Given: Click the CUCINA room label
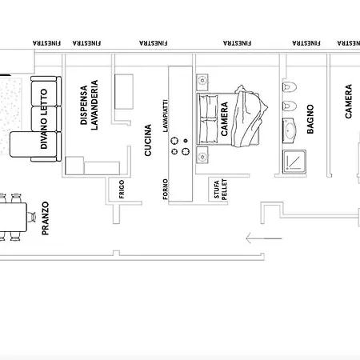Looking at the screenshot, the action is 148,140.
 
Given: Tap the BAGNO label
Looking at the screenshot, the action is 310,119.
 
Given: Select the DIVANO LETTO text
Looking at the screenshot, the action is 44,118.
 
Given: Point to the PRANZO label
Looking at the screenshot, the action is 46,218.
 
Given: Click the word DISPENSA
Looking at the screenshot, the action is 84,105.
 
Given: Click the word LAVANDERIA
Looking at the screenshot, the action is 94,105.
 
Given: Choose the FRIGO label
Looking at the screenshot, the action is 122,189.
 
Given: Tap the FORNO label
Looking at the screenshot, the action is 166,189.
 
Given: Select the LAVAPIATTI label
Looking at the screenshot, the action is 166,116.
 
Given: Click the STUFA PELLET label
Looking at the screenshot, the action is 221,190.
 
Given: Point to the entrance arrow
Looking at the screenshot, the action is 264,238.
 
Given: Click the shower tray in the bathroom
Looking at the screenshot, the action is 294,161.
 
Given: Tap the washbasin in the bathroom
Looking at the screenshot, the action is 290,130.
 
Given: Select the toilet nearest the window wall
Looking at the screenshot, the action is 290,86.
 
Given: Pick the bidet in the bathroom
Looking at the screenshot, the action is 290,106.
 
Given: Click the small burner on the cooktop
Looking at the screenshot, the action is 186,141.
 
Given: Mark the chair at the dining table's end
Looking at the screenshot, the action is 31,217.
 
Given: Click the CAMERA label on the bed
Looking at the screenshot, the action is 225,119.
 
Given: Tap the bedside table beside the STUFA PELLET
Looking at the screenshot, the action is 202,155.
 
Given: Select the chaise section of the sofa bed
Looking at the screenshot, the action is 34,144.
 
